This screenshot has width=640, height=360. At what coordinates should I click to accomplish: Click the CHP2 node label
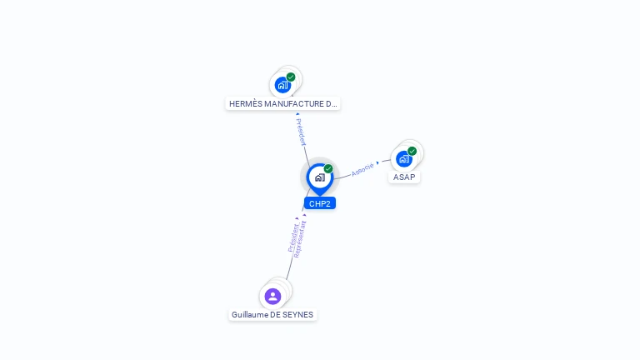[x=320, y=203]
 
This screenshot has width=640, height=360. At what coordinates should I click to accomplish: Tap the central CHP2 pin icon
[x=320, y=177]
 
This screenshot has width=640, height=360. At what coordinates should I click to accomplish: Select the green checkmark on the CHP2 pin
[x=328, y=168]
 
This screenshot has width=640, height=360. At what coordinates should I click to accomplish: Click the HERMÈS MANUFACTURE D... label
[x=283, y=104]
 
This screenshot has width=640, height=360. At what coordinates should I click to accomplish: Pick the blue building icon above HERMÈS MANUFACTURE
[x=283, y=84]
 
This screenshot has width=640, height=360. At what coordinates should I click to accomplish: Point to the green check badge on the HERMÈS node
[x=291, y=77]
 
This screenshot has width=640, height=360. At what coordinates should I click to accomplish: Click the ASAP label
[x=404, y=177]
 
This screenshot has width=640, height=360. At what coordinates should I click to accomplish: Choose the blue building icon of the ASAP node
[x=404, y=158]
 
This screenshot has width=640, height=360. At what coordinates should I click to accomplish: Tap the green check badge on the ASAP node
[x=412, y=151]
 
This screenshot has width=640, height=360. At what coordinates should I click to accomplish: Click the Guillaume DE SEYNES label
[x=272, y=315]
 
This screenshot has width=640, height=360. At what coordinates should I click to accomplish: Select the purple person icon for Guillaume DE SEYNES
[x=272, y=296]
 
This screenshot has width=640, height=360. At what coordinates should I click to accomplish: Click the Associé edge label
[x=362, y=169]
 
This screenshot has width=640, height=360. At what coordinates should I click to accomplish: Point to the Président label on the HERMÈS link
[x=302, y=132]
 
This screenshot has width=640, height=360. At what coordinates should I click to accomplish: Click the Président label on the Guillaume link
[x=292, y=237]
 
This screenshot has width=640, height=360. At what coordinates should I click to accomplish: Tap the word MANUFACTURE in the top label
[x=295, y=104]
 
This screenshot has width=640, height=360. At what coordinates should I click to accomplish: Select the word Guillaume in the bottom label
[x=250, y=315]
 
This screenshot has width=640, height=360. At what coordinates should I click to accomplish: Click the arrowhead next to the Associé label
[x=378, y=162]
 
